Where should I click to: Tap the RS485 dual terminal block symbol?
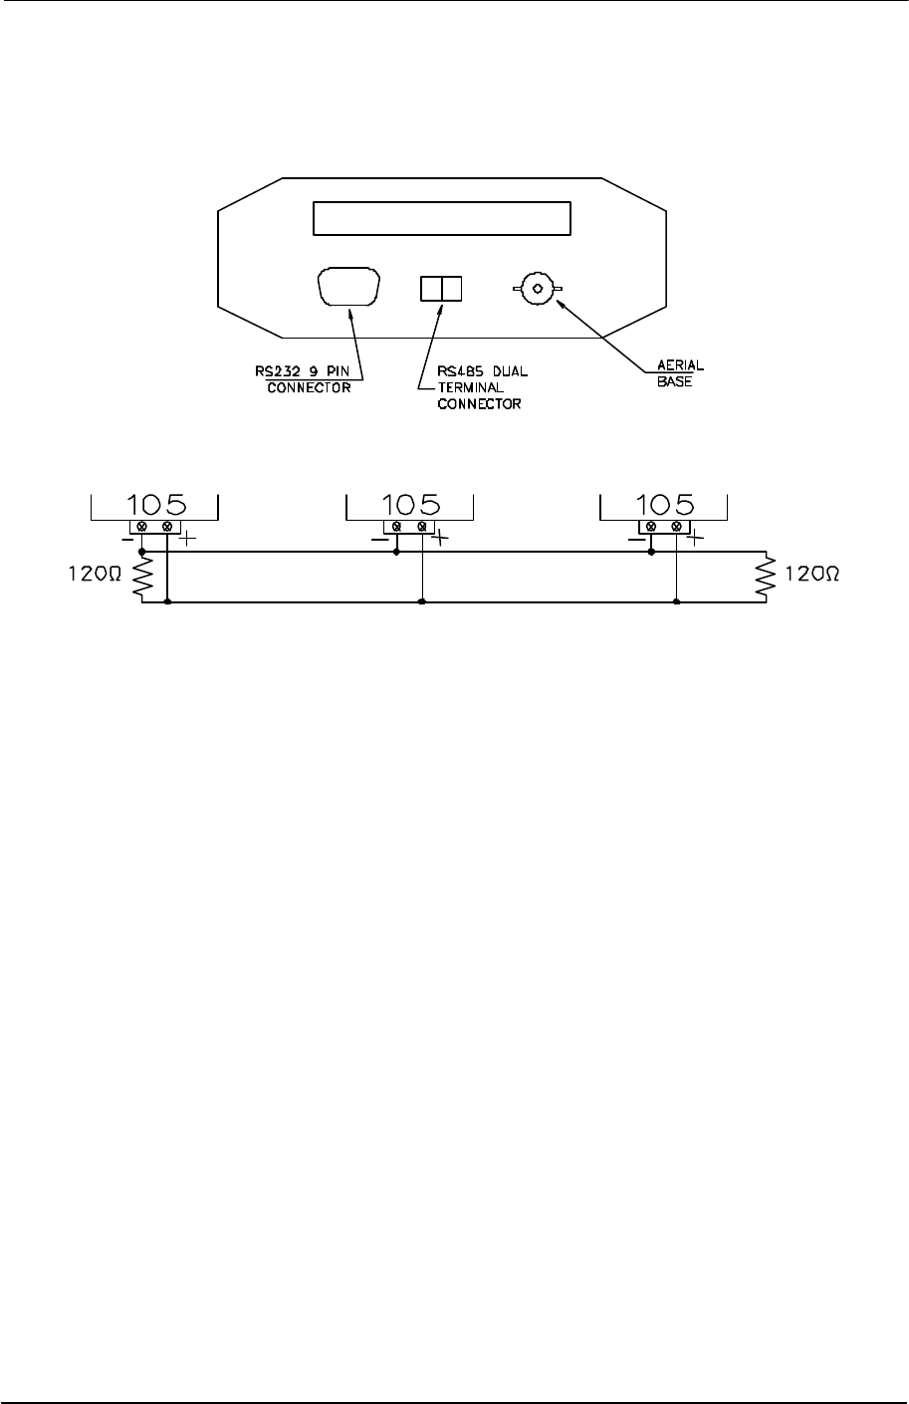pos(441,289)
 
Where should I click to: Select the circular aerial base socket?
pos(538,289)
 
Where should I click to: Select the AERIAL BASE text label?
pos(678,374)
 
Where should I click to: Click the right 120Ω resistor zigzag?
pos(766,577)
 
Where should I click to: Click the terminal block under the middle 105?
pos(409,526)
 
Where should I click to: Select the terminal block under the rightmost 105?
pos(664,526)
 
